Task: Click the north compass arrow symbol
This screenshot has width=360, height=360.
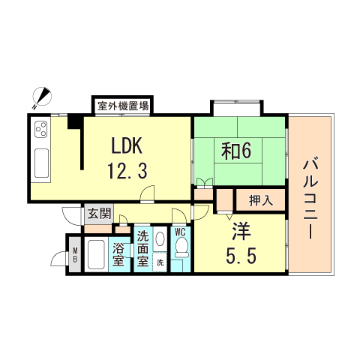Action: [43, 95]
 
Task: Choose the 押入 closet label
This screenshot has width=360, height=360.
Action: [259, 200]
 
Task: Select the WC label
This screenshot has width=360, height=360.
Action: [180, 232]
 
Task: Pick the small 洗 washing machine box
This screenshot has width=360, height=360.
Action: [160, 262]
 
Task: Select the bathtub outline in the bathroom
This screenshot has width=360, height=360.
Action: [95, 255]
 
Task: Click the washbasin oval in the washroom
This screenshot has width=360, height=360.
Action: [160, 240]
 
